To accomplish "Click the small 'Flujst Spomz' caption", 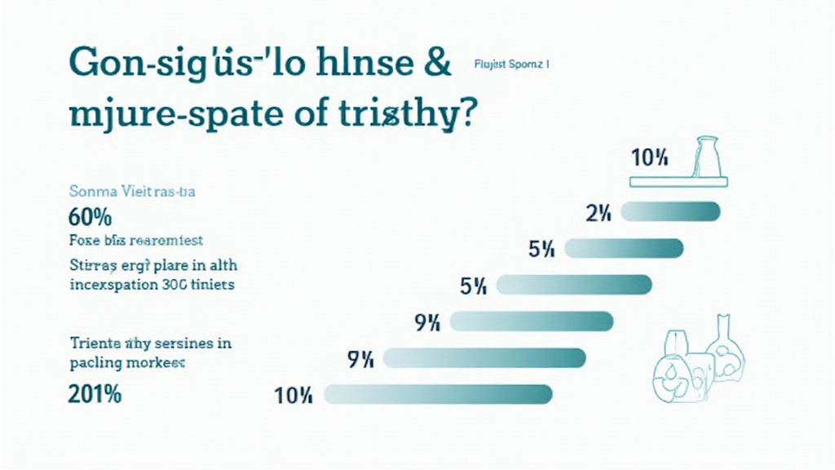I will (x=510, y=64).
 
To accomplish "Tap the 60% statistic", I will (x=91, y=218).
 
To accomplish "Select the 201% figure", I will (x=95, y=393).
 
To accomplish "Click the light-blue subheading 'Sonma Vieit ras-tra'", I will (x=132, y=193).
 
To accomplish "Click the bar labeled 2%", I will (x=670, y=213).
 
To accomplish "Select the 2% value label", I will (x=598, y=214).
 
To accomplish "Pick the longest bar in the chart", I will (x=439, y=395).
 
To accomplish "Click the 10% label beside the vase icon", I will (x=650, y=157).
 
